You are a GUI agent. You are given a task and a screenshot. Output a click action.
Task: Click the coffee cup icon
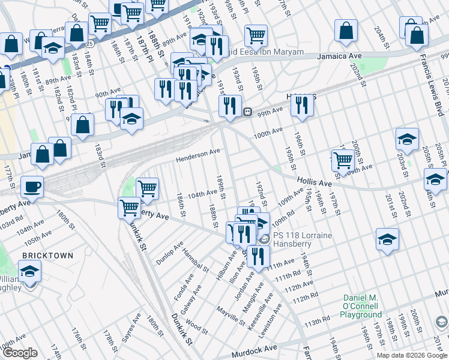[x=32, y=187]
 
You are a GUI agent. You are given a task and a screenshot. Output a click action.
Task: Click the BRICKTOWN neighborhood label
[x=47, y=256]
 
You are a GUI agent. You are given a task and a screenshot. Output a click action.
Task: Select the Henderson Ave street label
[x=197, y=155]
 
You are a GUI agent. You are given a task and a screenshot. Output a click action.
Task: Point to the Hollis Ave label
[x=314, y=182]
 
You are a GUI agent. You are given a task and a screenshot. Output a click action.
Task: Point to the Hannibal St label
[x=196, y=260]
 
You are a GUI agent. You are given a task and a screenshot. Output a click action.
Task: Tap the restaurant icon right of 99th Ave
[x=301, y=106]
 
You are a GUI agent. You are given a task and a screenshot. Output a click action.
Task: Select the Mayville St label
[x=232, y=316]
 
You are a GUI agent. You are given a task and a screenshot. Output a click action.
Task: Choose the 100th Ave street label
[x=268, y=131]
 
